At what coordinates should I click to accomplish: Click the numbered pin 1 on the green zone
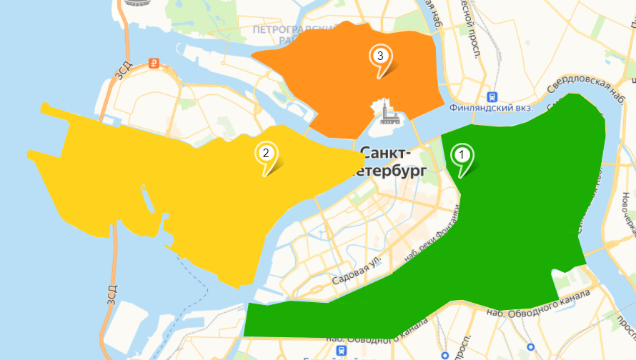click(x=462, y=156)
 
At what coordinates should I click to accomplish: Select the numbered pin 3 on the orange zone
click(x=380, y=58)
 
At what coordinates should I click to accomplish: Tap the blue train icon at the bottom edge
click(x=344, y=351)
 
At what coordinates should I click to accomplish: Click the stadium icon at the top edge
click(x=133, y=3)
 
